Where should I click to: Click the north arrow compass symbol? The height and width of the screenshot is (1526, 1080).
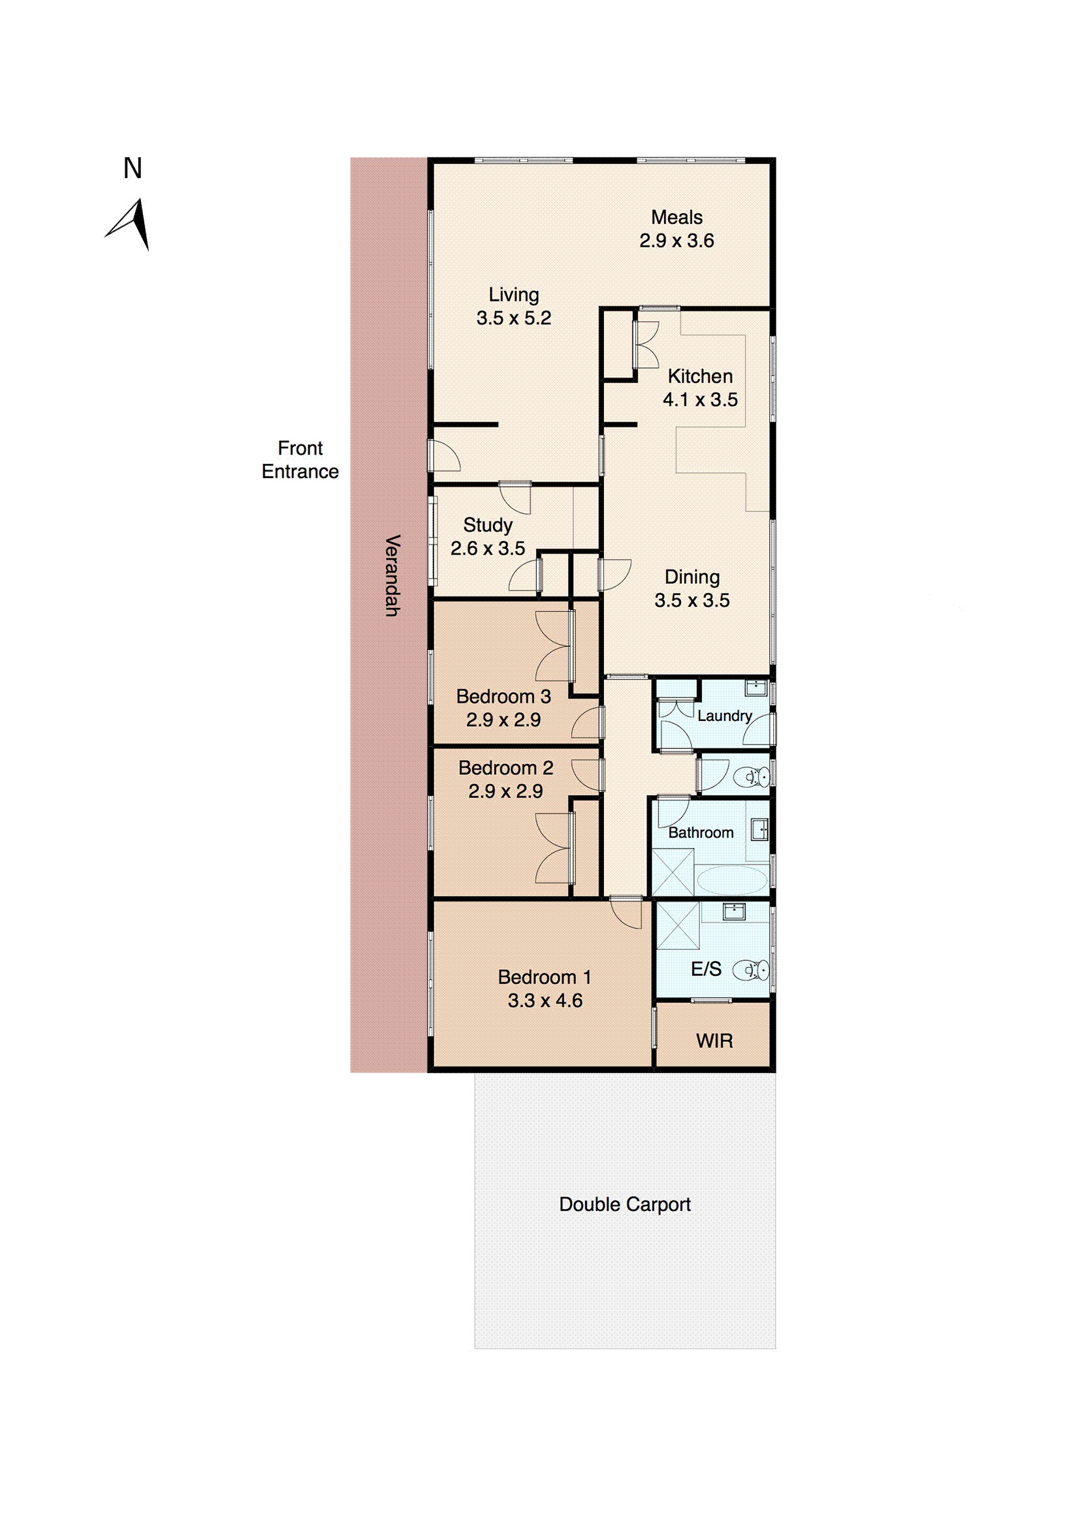click(132, 224)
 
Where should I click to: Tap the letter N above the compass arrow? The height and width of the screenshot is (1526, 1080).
click(133, 168)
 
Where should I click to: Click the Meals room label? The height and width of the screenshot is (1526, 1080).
click(676, 217)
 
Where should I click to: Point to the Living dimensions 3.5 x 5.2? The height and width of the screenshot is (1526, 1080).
click(513, 318)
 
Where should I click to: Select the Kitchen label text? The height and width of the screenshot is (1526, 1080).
click(699, 376)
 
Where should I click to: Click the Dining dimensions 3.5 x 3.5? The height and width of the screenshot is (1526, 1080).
click(691, 600)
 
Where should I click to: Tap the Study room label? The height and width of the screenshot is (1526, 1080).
click(488, 525)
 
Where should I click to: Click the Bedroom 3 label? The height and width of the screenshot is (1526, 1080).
click(503, 697)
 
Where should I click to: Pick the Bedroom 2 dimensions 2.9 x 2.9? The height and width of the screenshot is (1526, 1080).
click(505, 791)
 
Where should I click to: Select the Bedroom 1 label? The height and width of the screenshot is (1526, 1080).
click(544, 977)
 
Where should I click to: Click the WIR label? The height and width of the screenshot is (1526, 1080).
click(714, 1041)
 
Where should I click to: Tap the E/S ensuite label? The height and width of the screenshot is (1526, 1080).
click(706, 969)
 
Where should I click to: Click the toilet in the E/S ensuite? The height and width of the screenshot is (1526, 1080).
click(752, 971)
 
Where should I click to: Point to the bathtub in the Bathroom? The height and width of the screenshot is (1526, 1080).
click(731, 880)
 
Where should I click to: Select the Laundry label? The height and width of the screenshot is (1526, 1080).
click(724, 716)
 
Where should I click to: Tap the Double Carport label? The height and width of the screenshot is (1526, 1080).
click(624, 1204)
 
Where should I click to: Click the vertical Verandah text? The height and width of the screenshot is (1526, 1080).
click(392, 575)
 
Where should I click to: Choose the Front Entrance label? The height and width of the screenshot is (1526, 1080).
click(300, 459)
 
